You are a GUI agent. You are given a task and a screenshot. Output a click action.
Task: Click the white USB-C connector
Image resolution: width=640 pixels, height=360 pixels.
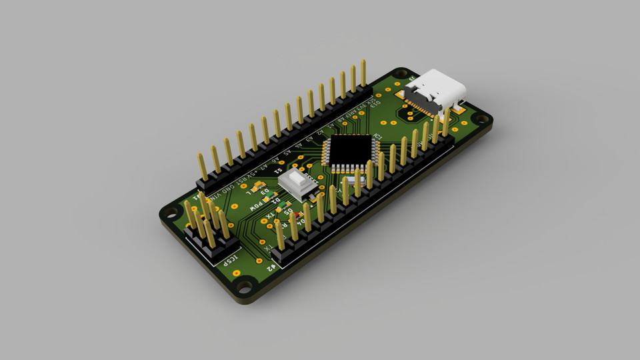tap(437, 89)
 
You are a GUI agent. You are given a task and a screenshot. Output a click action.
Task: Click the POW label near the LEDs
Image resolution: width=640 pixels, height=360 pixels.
tap(257, 207)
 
